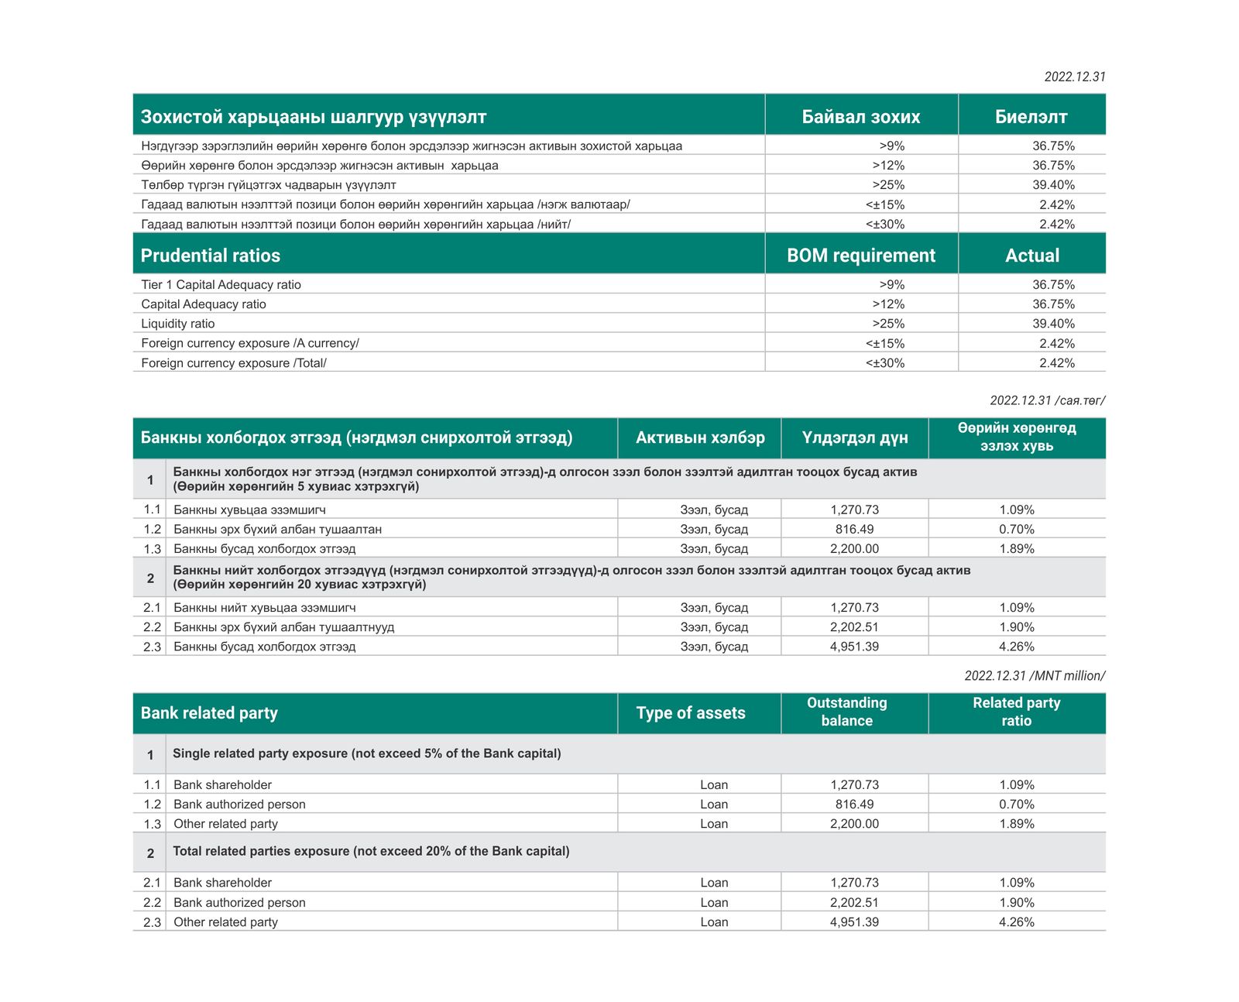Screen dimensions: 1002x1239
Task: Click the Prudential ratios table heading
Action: coord(211,256)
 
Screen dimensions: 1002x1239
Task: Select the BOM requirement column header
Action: coord(861,256)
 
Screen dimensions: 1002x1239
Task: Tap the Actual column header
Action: coord(1032,256)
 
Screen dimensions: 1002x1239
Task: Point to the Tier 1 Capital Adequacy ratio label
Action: coord(221,285)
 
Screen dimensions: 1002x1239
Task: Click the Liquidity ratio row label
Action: coord(178,324)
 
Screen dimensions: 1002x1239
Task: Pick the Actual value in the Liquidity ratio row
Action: coord(1053,324)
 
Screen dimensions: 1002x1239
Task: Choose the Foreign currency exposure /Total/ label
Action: coord(234,363)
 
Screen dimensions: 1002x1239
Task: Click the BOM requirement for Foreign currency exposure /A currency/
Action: coord(885,344)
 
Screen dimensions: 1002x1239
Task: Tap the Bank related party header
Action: coord(209,713)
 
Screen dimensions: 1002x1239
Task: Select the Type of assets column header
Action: coord(691,713)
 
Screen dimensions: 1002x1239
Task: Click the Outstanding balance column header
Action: coord(847,712)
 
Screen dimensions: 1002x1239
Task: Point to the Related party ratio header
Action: coord(1017,712)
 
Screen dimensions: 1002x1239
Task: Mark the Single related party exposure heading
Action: coord(367,753)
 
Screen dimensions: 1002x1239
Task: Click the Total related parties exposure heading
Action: coord(371,851)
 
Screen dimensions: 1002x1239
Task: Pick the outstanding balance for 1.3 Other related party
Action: coord(854,824)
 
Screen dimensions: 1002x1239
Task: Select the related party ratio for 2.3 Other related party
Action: coord(1017,922)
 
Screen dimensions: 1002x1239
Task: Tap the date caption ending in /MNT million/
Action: coord(1035,676)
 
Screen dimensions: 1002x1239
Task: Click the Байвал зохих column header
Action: coord(861,117)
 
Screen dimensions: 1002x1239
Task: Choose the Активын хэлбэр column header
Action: coord(700,438)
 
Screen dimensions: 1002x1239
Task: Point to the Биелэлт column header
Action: coord(1031,117)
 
